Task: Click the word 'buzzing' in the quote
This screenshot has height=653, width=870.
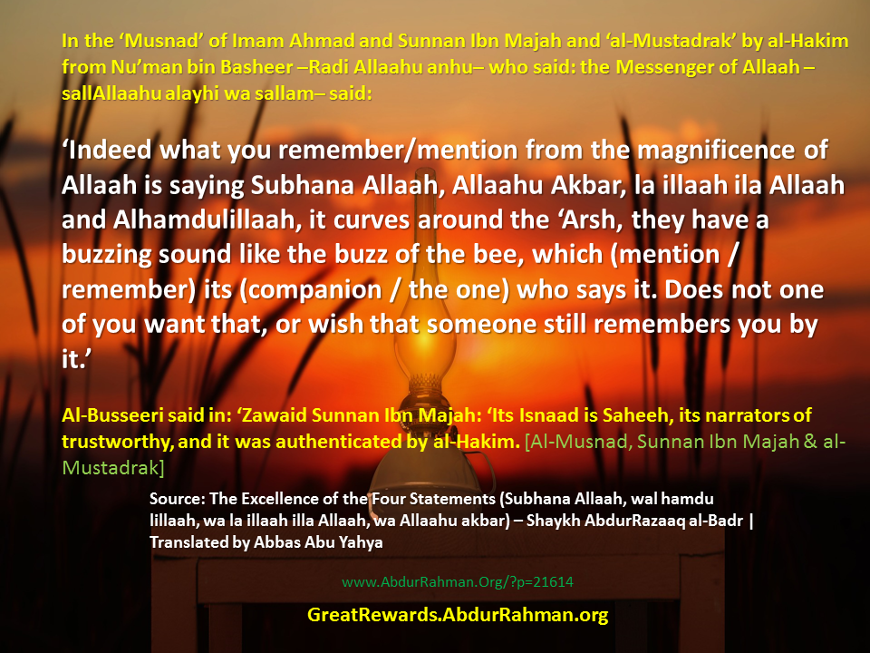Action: (x=107, y=256)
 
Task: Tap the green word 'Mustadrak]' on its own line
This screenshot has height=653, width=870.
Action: (x=113, y=468)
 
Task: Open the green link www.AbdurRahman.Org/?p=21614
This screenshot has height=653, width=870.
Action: (x=457, y=582)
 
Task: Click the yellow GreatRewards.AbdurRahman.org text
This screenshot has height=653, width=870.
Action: (x=458, y=615)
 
